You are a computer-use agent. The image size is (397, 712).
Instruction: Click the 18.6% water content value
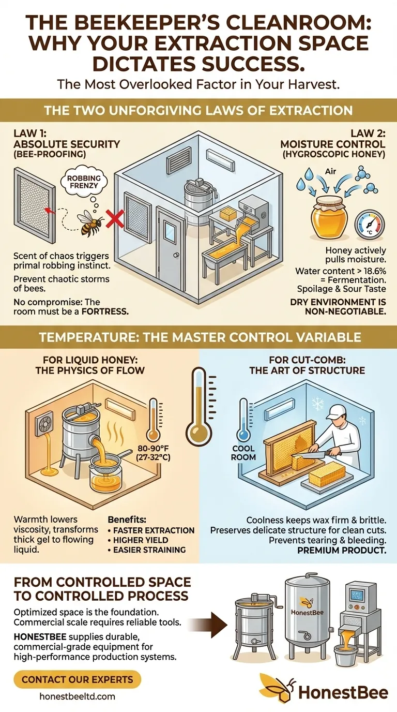tap(372, 271)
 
